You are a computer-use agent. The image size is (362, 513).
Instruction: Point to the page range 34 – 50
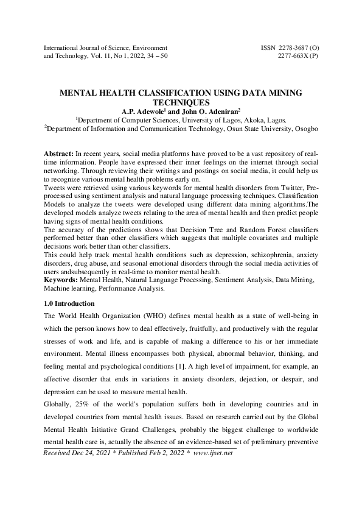tap(155, 55)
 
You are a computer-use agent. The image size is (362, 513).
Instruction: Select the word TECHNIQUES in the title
tap(181, 102)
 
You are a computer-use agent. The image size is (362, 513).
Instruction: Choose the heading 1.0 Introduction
tap(71, 303)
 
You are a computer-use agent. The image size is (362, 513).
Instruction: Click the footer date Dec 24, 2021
tap(91, 470)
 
